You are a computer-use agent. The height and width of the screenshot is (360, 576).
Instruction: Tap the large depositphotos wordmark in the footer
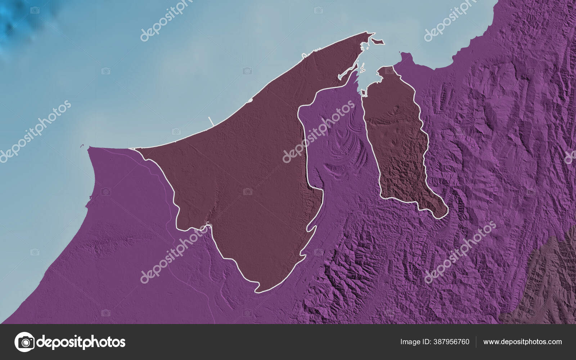click(81, 342)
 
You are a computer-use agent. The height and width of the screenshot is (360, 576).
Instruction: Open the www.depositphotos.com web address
click(522, 342)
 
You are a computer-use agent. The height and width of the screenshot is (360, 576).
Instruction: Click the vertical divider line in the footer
click(476, 342)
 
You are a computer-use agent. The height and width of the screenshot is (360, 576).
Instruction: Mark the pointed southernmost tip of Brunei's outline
click(258, 291)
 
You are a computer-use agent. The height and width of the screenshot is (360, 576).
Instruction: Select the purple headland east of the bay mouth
click(405, 58)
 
